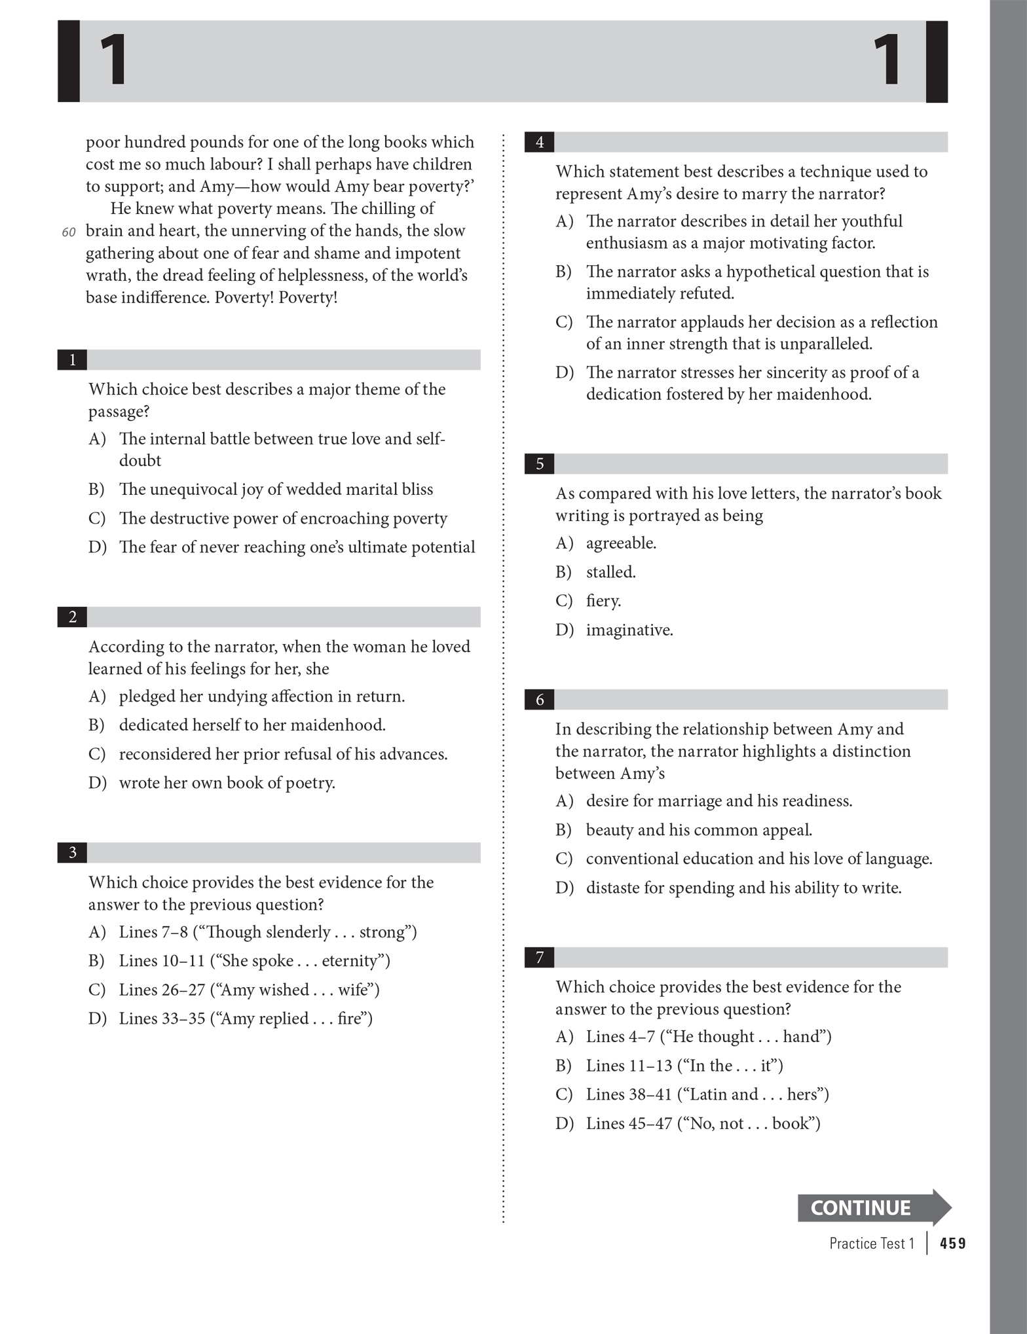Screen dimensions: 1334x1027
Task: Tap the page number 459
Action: point(952,1243)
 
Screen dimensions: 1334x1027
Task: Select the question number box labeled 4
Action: point(539,142)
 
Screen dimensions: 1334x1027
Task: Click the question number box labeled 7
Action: point(539,957)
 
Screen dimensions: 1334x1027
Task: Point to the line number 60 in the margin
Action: point(68,232)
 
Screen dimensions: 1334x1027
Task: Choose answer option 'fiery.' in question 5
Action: point(603,601)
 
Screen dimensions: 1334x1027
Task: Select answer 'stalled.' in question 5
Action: point(610,572)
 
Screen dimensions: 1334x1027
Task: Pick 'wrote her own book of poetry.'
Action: point(227,783)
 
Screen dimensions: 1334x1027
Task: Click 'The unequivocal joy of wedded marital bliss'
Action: point(275,490)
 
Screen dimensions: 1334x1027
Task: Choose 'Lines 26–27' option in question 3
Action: point(249,990)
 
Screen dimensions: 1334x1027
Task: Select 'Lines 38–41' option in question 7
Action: point(707,1094)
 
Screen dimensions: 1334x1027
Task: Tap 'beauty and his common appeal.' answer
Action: point(698,830)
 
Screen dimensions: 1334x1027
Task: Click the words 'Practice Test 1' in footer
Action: point(871,1243)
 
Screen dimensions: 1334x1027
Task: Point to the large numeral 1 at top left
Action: point(113,61)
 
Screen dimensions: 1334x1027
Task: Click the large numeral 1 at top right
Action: point(888,61)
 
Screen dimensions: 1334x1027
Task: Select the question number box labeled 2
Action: point(72,617)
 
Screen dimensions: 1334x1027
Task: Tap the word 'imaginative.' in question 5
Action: point(629,630)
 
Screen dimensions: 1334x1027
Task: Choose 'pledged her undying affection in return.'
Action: point(261,696)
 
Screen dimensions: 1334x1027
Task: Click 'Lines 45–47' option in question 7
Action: point(703,1123)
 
